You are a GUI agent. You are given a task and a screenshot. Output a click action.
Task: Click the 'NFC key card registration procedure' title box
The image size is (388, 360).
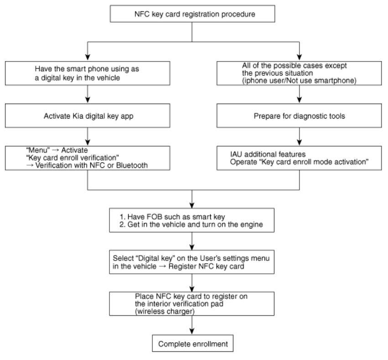[192, 14]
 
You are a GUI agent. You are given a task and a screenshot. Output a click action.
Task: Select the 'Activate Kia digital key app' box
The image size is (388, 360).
[88, 115]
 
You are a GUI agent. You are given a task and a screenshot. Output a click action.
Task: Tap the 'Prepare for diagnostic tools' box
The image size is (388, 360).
[299, 115]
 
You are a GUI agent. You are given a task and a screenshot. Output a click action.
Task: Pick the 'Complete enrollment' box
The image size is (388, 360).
[192, 344]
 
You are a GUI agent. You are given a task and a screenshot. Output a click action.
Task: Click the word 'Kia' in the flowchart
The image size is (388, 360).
[78, 116]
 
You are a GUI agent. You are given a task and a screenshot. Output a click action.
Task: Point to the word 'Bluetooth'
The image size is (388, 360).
[132, 165]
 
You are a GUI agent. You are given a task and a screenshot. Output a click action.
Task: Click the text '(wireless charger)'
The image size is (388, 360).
[165, 311]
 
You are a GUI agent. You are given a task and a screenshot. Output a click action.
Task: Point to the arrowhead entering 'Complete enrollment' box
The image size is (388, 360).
[192, 331]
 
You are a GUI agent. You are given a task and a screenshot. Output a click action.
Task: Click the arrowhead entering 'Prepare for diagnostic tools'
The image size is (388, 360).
[300, 100]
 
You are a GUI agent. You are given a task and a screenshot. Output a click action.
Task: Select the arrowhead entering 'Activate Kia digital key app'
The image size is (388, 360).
[88, 100]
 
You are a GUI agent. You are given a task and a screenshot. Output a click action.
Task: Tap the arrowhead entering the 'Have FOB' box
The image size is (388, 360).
[192, 205]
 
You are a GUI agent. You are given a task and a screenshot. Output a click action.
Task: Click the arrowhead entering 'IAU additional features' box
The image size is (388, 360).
[300, 142]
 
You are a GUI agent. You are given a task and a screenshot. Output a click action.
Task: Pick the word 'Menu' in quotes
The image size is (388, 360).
[38, 150]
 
